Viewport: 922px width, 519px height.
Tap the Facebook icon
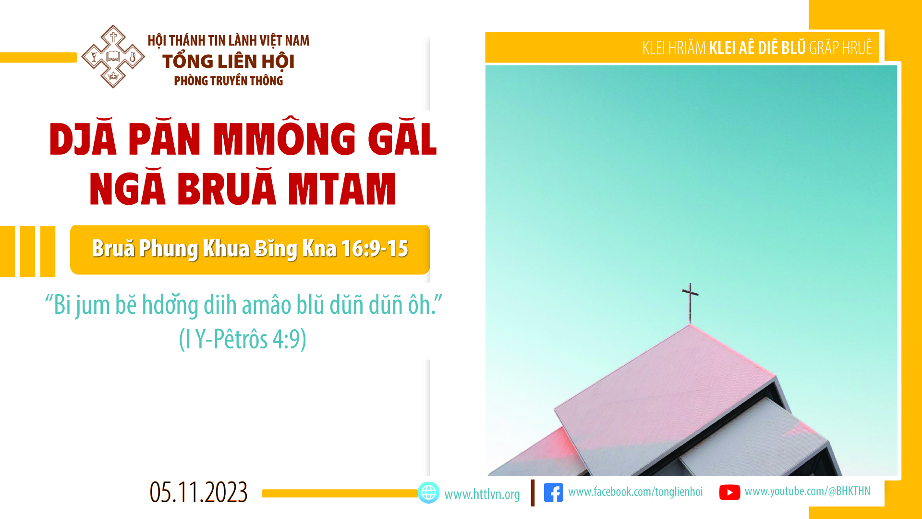(553, 493)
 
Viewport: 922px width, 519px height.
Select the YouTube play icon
(729, 493)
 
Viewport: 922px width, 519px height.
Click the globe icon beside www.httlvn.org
(428, 493)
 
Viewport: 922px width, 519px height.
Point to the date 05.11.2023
(198, 493)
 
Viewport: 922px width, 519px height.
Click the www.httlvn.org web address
(482, 494)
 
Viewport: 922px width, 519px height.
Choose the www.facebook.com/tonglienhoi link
(635, 492)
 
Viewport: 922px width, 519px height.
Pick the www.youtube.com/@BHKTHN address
(807, 491)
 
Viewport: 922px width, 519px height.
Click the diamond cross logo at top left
(113, 57)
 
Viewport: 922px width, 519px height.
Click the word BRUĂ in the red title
(227, 188)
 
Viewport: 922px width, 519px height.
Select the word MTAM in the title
(341, 189)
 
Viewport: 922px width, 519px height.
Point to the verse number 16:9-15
(375, 248)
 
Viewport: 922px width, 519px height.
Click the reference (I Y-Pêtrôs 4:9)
(243, 339)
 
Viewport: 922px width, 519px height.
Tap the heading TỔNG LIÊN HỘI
(228, 61)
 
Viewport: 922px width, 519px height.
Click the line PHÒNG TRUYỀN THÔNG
(228, 81)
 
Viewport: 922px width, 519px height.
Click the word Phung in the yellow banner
(169, 249)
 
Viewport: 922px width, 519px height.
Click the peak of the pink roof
(690, 325)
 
